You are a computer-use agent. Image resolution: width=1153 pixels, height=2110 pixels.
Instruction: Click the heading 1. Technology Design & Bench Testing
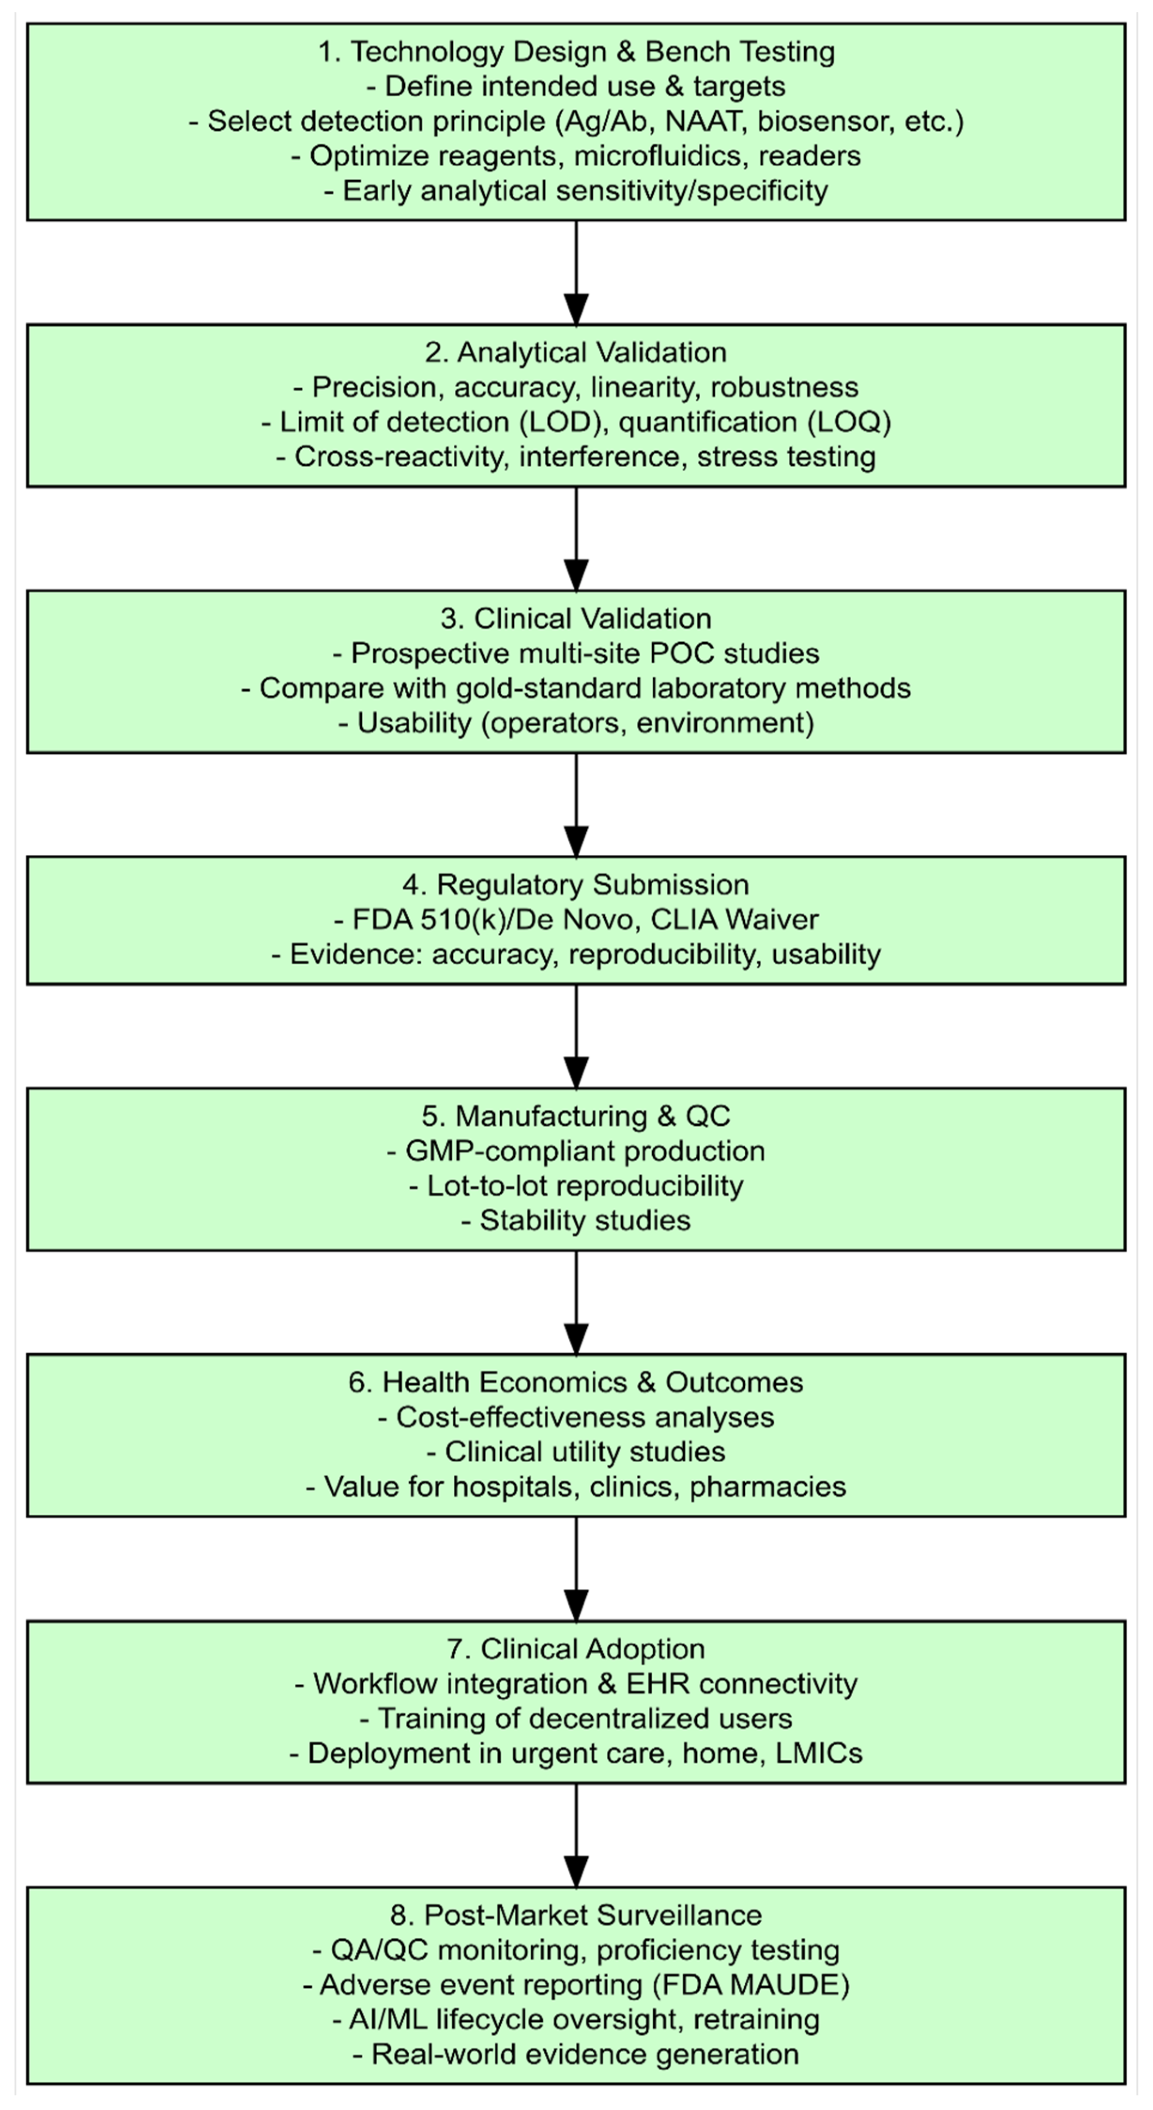tap(576, 52)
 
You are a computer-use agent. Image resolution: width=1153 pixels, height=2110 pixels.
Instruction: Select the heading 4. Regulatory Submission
tap(576, 885)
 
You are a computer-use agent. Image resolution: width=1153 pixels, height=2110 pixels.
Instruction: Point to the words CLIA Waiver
tap(734, 920)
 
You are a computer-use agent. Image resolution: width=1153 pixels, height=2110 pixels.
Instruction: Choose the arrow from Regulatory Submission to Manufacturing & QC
tap(576, 1036)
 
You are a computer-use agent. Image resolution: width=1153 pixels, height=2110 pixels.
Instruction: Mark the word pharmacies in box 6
tap(767, 1487)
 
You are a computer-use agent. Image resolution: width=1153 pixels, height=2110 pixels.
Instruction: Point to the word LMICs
tap(819, 1753)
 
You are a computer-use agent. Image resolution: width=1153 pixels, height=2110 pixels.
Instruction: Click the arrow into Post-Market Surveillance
tap(576, 1835)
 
